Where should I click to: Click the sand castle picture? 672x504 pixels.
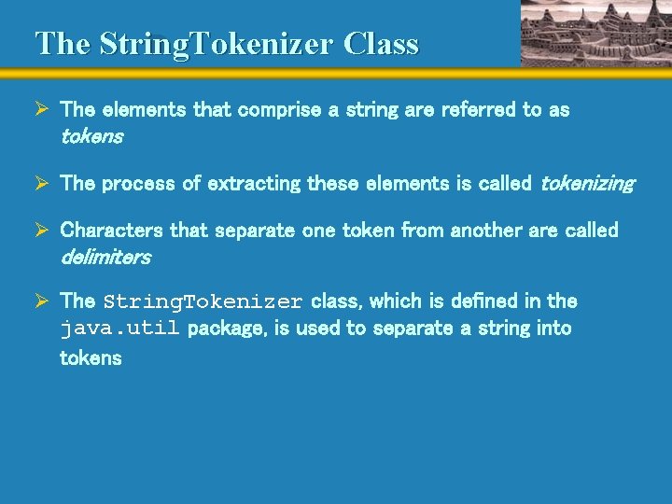coord(594,33)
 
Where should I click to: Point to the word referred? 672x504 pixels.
coord(478,110)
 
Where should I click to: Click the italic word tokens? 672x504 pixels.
coord(91,137)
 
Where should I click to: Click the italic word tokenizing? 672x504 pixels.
coord(587,184)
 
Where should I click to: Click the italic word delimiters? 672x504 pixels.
coord(105,257)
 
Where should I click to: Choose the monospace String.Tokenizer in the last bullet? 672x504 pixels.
coord(203,302)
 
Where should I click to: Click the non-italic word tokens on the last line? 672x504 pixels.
coord(91,358)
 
